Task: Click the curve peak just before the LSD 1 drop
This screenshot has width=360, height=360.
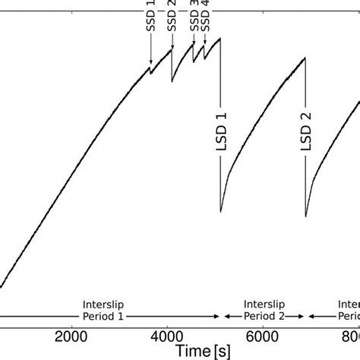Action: tap(220, 38)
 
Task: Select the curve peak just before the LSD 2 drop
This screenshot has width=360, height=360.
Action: tap(305, 58)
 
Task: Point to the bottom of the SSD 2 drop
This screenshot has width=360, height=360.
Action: tap(172, 81)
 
